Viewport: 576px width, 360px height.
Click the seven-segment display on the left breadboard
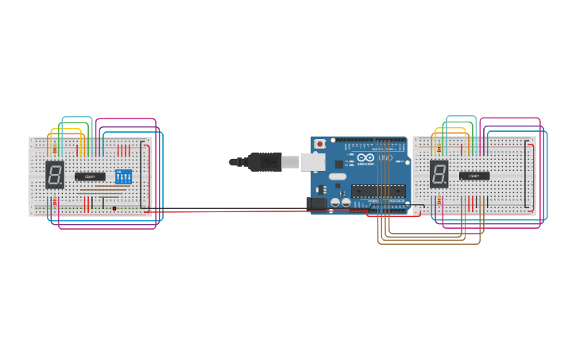(x=55, y=174)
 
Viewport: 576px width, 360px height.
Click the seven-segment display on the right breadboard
(x=439, y=173)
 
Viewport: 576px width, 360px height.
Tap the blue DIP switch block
(x=123, y=176)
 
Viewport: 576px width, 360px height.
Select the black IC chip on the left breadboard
(x=90, y=176)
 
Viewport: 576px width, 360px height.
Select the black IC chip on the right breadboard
(x=474, y=176)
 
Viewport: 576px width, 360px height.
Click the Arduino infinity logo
(x=365, y=157)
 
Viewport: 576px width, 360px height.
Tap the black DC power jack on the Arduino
(x=316, y=203)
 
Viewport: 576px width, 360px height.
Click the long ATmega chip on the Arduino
(x=379, y=191)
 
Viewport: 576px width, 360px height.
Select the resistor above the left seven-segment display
(x=53, y=149)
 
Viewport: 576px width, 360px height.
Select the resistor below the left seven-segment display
(x=53, y=203)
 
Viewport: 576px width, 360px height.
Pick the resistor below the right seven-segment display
(x=437, y=201)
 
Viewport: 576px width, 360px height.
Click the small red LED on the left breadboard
(x=114, y=208)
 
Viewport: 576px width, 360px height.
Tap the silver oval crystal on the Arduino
(x=337, y=176)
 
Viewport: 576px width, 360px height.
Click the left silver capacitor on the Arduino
(x=335, y=203)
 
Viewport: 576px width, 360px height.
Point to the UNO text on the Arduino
(x=385, y=158)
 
